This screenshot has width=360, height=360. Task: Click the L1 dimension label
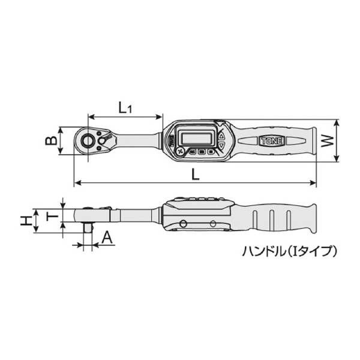click(x=125, y=108)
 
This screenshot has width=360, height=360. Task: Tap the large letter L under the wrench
click(x=196, y=174)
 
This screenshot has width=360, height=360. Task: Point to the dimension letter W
click(x=327, y=142)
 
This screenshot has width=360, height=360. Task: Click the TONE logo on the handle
click(x=274, y=142)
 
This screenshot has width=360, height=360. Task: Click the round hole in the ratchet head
click(x=88, y=141)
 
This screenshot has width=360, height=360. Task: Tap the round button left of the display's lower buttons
click(x=179, y=152)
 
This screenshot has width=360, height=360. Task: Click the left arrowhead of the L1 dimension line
click(x=90, y=116)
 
